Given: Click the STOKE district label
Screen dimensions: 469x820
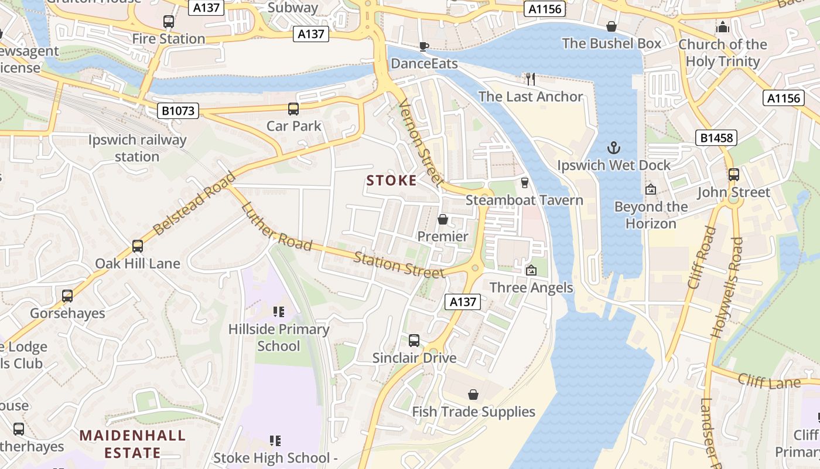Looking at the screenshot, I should click(x=391, y=180).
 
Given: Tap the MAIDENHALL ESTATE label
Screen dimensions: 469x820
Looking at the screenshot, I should click(x=132, y=444).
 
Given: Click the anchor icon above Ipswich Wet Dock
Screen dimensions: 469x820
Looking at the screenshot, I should click(x=614, y=148).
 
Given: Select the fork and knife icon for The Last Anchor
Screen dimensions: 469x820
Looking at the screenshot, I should click(x=531, y=79).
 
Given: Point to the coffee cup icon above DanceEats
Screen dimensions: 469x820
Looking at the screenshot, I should click(x=424, y=46).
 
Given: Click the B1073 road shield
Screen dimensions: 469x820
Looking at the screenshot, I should click(x=178, y=110).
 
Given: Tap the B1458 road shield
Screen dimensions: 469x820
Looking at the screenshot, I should click(x=716, y=138).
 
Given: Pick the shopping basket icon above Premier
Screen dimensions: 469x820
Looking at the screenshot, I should click(x=443, y=219).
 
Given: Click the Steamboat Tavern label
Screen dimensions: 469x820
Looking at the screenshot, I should click(x=524, y=200).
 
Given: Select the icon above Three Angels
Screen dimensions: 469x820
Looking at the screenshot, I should click(x=531, y=270).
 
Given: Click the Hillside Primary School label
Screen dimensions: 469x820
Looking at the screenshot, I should click(x=279, y=337).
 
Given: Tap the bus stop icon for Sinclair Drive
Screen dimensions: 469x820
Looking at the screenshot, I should click(x=414, y=340).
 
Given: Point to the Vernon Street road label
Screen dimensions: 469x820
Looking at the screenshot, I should click(x=420, y=142).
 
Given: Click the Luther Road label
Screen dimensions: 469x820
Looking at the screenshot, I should click(x=276, y=226).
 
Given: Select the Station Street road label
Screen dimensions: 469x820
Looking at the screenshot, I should click(x=399, y=264).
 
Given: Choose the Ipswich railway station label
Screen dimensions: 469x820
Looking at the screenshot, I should click(x=137, y=148).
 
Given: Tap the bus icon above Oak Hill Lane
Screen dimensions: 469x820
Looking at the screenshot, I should click(x=138, y=246).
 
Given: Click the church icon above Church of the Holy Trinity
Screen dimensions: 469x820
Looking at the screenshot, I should click(x=723, y=27).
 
